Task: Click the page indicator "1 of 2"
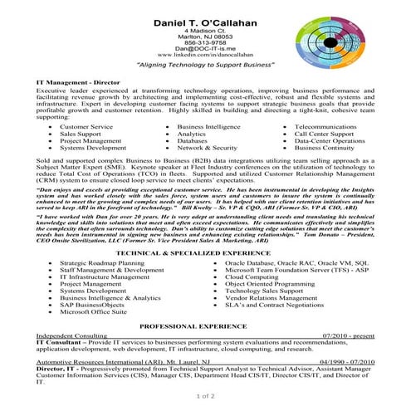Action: [x=205, y=397]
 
